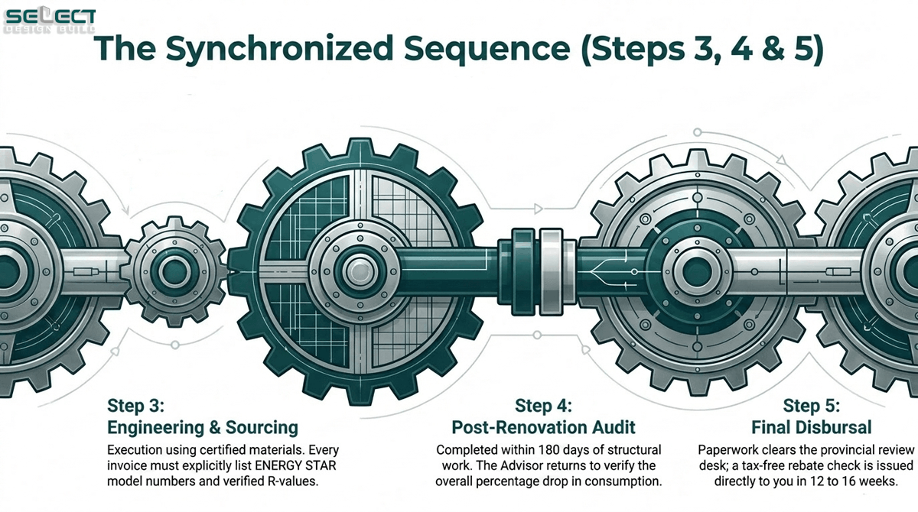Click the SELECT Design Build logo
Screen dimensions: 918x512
point(50,21)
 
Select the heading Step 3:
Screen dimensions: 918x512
point(135,406)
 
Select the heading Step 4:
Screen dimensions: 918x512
point(543,406)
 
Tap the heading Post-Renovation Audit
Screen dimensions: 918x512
point(543,427)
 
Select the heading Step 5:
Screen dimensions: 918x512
point(812,406)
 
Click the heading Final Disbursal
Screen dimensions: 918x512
point(812,427)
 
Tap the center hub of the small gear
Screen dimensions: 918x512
point(175,271)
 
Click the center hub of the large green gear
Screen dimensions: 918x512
point(360,271)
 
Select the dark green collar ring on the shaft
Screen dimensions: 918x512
point(517,271)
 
